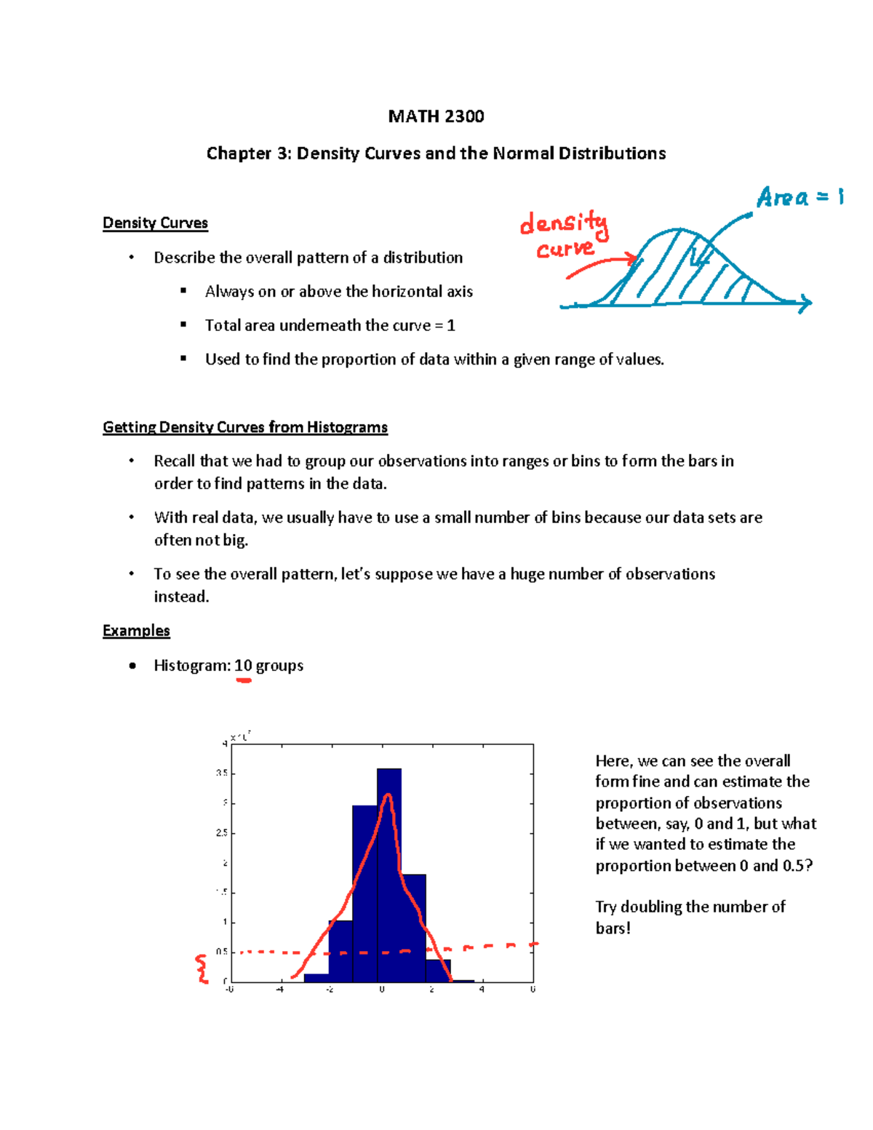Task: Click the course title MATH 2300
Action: tap(436, 116)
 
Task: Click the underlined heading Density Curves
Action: tap(155, 223)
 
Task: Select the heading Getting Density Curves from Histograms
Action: tap(244, 427)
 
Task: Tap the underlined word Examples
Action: tap(136, 630)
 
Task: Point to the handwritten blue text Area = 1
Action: tap(799, 196)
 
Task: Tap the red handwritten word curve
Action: tap(565, 250)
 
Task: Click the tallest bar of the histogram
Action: tap(389, 873)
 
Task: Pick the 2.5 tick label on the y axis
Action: tap(221, 832)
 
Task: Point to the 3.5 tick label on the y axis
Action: tap(221, 773)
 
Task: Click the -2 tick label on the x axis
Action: tap(330, 990)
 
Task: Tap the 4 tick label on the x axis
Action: tap(482, 990)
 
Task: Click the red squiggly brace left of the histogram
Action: tap(202, 969)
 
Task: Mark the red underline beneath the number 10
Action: tap(243, 680)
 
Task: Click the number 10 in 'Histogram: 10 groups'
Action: tap(243, 665)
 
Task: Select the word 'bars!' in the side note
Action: tap(613, 928)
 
